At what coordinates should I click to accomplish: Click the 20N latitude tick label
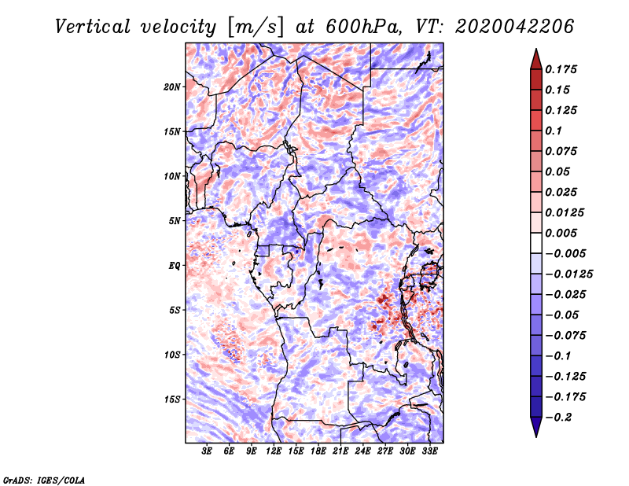coord(172,87)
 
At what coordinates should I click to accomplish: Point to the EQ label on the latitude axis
coord(175,265)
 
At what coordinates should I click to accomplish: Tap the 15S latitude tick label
coord(172,399)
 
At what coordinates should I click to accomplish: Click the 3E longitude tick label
coord(208,451)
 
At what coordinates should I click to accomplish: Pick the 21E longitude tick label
coord(340,451)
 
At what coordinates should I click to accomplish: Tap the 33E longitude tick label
coord(429,451)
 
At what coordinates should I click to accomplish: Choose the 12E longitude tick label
coord(274,451)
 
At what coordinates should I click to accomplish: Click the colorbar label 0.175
coord(562,69)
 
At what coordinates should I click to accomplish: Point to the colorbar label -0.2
coord(562,417)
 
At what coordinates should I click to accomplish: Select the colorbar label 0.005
coord(562,233)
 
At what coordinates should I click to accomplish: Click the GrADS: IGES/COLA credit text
coord(44,479)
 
